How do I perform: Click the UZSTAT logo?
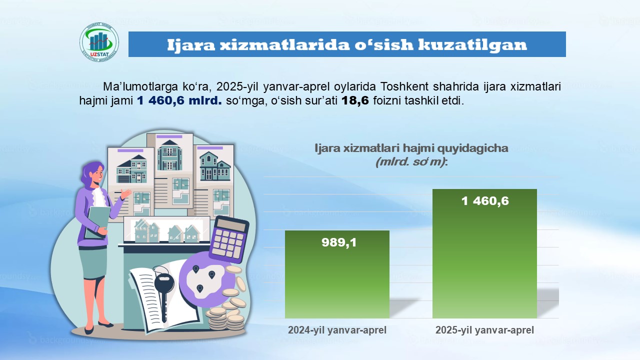[x=99, y=43]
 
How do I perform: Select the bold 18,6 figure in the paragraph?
[x=355, y=100]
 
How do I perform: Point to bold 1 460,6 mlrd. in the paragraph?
[x=179, y=100]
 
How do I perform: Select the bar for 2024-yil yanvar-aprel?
[x=337, y=274]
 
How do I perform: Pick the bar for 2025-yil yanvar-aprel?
[x=484, y=253]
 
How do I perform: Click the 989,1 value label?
[x=339, y=242]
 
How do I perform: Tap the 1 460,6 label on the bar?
[x=485, y=201]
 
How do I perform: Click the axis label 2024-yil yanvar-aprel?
[x=337, y=330]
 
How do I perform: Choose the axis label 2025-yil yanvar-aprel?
[x=484, y=330]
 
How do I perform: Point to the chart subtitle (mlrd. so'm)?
[x=411, y=162]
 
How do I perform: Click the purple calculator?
[x=229, y=239]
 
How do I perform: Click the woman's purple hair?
[x=90, y=174]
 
